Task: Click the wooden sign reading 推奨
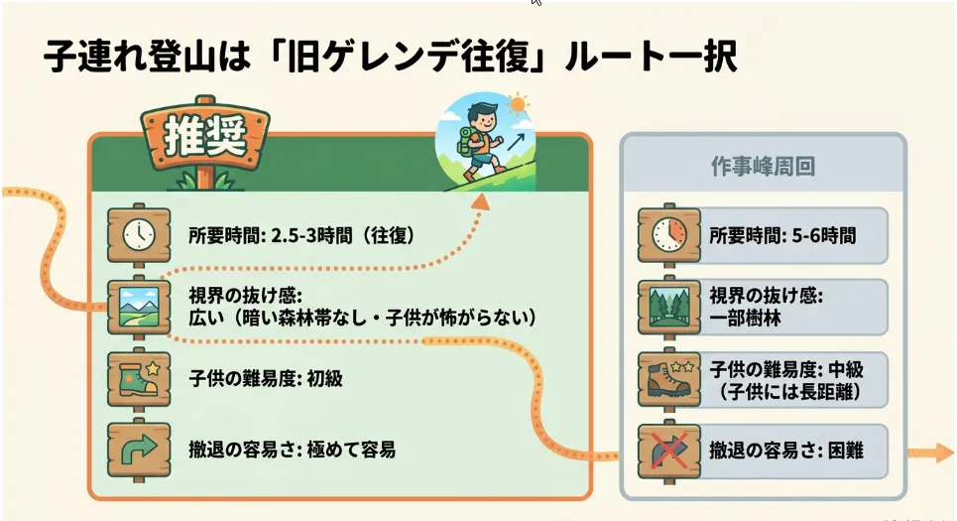coord(205,137)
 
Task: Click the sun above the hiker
coord(519,105)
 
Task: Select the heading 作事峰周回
coord(763,166)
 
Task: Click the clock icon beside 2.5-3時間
coord(139,235)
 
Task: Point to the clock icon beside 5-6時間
coord(669,235)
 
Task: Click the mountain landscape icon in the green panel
coord(139,308)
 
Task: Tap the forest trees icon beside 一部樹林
coord(669,308)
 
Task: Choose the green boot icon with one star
coord(139,379)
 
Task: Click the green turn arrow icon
coord(139,451)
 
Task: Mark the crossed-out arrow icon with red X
coord(669,451)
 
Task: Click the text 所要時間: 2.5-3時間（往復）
coord(302,235)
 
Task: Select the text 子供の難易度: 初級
coord(266,379)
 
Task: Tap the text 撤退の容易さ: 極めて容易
coord(292,451)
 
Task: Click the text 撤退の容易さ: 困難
coord(786,451)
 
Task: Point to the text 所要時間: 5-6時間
coord(782,235)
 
